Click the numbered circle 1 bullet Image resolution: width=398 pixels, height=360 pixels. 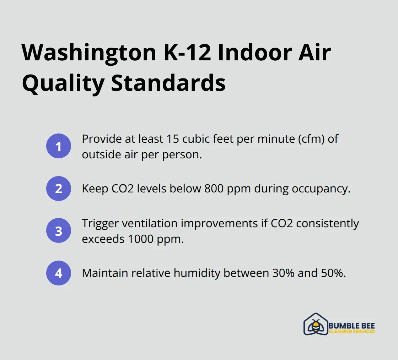pos(59,146)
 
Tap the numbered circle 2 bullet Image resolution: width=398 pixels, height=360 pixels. pos(59,189)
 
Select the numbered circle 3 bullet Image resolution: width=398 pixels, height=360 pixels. pos(59,231)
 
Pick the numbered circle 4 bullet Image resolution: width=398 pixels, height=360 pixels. pos(59,273)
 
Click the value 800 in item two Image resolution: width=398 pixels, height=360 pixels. pos(214,189)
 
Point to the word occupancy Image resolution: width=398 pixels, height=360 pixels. pos(321,189)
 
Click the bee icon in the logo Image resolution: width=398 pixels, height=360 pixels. pos(315,325)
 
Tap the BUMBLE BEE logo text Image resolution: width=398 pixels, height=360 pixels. pos(352,326)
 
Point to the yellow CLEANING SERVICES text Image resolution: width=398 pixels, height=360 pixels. pos(352,331)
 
